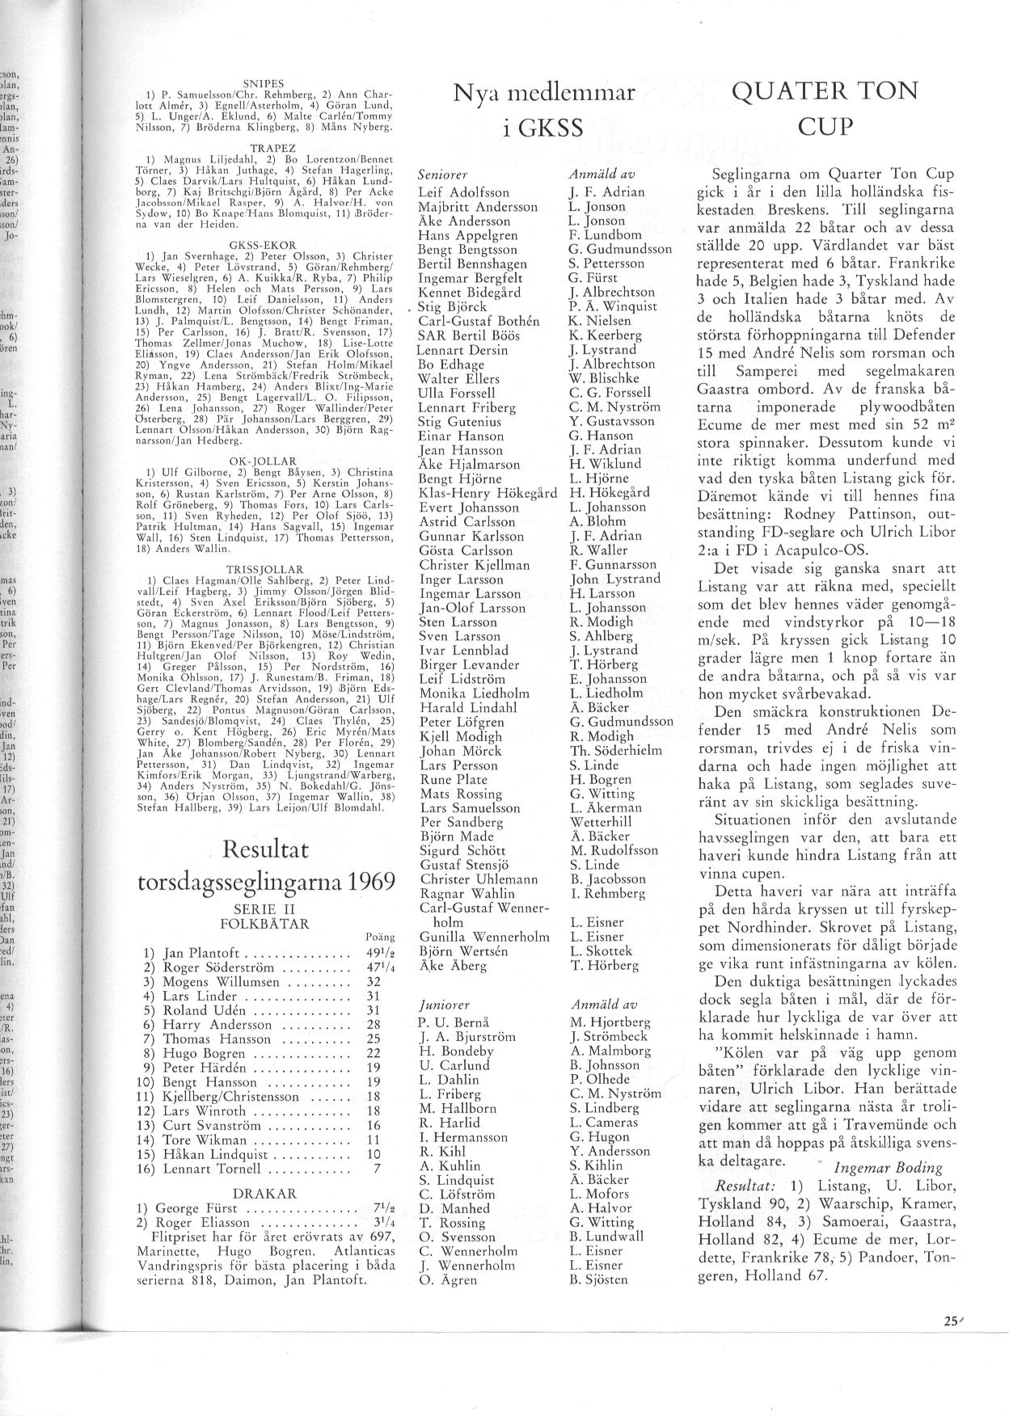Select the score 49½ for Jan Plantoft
pyautogui.click(x=381, y=954)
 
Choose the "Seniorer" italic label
pyautogui.click(x=443, y=175)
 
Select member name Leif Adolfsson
pyautogui.click(x=464, y=192)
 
